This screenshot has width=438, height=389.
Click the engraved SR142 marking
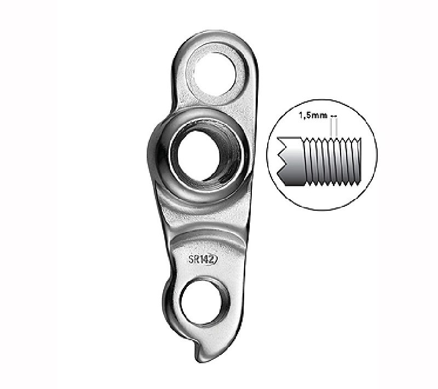[x=203, y=260]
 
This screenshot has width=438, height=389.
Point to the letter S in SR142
[x=191, y=260]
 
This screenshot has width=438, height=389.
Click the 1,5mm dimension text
[x=313, y=116]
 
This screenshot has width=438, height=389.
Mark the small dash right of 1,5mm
[x=333, y=116]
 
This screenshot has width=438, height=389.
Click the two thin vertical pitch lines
[x=333, y=128]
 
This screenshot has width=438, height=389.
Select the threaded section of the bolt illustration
[x=332, y=161]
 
